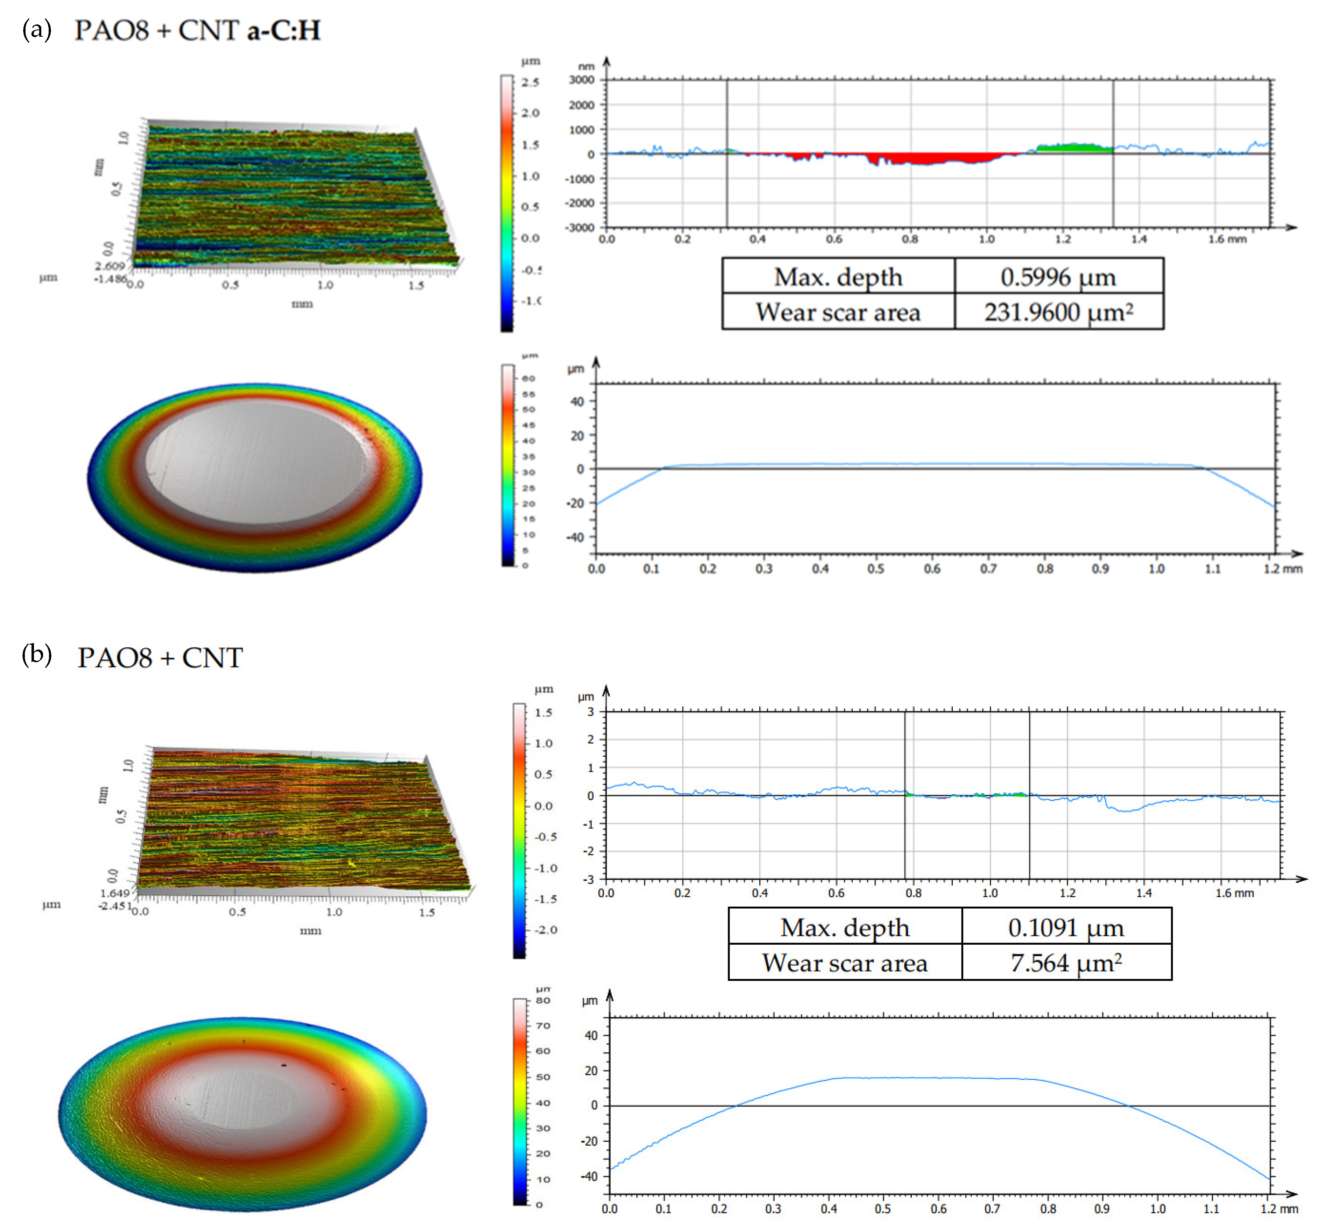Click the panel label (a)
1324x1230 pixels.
pyautogui.click(x=37, y=30)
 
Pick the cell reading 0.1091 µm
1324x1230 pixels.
pyautogui.click(x=1065, y=927)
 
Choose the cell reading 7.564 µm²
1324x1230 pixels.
pyautogui.click(x=1065, y=963)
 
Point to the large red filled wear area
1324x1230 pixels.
pyautogui.click(x=932, y=158)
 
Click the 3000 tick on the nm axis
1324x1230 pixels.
pyautogui.click(x=582, y=80)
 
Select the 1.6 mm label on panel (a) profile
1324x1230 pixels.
pyautogui.click(x=1227, y=239)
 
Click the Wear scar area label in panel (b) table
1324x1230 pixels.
pyautogui.click(x=845, y=963)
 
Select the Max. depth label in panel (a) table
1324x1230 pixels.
pyautogui.click(x=838, y=277)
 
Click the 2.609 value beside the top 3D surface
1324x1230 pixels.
pyautogui.click(x=110, y=266)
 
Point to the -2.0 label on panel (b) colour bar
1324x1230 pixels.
pyautogui.click(x=545, y=930)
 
